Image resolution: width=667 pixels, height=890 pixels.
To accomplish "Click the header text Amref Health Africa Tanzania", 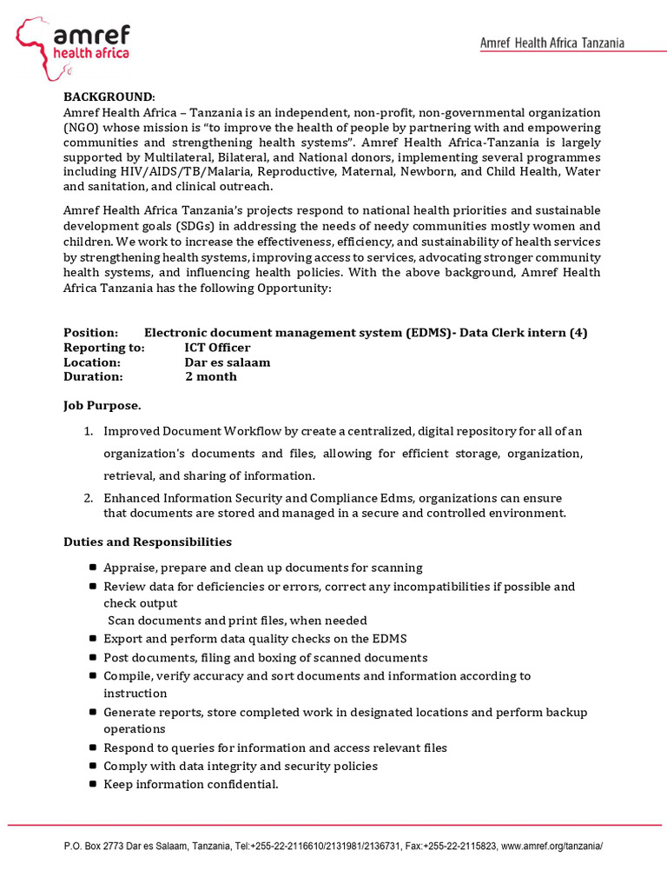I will [552, 43].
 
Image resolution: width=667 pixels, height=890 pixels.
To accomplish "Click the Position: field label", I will [91, 333].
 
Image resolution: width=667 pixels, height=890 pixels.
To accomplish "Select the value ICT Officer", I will [217, 348].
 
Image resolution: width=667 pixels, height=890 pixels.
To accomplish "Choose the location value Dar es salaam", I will [228, 362].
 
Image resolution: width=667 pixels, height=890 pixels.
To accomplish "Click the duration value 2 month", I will [211, 377].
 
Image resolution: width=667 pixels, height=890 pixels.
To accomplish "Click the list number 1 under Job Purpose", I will [89, 431].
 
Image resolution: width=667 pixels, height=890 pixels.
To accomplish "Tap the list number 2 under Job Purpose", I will [89, 498].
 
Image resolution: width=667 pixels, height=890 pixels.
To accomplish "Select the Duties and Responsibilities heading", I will [148, 542].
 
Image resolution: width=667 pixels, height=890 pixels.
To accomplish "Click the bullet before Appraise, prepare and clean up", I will [93, 568].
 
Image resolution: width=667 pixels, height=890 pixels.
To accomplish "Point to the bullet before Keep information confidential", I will [93, 784].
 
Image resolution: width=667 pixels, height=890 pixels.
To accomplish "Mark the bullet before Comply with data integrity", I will [93, 766].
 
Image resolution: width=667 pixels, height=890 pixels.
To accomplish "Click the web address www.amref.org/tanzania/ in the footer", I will [551, 847].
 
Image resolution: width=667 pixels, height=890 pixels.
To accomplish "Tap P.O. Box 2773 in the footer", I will [96, 847].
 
